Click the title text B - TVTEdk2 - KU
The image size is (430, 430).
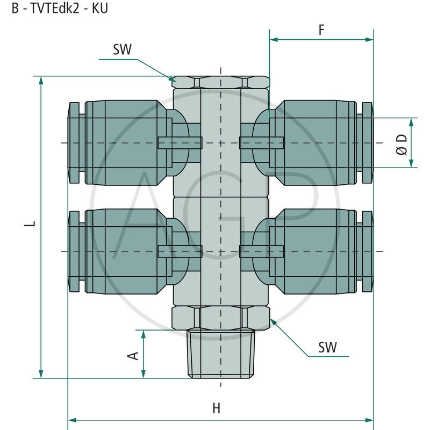pyautogui.click(x=59, y=9)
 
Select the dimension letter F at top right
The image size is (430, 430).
pyautogui.click(x=321, y=30)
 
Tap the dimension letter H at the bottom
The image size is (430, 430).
pyautogui.click(x=216, y=408)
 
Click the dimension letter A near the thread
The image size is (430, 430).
pyautogui.click(x=133, y=355)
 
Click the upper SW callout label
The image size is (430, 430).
pyautogui.click(x=122, y=50)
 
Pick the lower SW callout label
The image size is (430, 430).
pyautogui.click(x=327, y=347)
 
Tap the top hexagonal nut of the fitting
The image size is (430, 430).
pyautogui.click(x=220, y=82)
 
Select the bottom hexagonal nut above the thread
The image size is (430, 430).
pyautogui.click(x=220, y=317)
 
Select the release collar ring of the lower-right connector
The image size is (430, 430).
pyautogui.click(x=367, y=251)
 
